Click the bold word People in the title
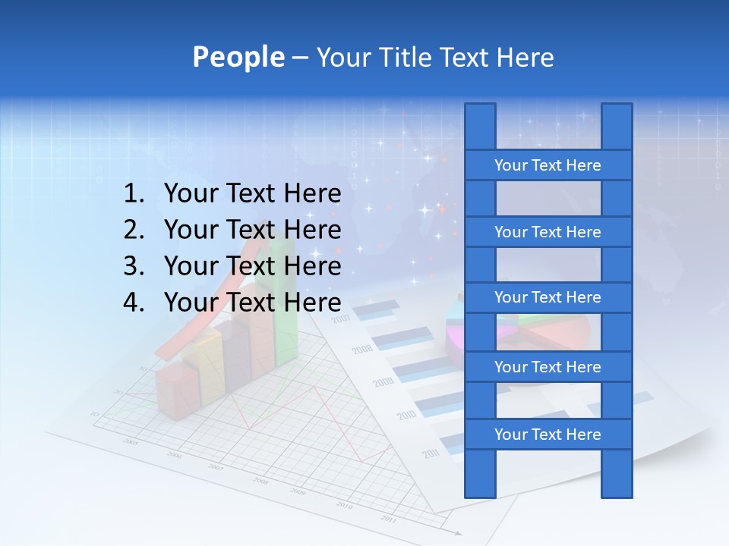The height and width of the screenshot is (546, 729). (238, 57)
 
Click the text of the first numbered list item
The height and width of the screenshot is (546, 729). (252, 194)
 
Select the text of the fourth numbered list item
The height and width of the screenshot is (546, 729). (252, 303)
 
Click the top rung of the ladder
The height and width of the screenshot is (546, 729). (548, 165)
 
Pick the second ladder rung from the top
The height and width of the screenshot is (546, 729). (548, 232)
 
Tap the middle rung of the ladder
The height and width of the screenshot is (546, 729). (548, 297)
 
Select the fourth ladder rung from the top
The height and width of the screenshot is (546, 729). (548, 367)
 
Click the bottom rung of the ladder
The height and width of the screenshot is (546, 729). (548, 435)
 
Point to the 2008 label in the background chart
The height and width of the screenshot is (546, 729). (362, 350)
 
